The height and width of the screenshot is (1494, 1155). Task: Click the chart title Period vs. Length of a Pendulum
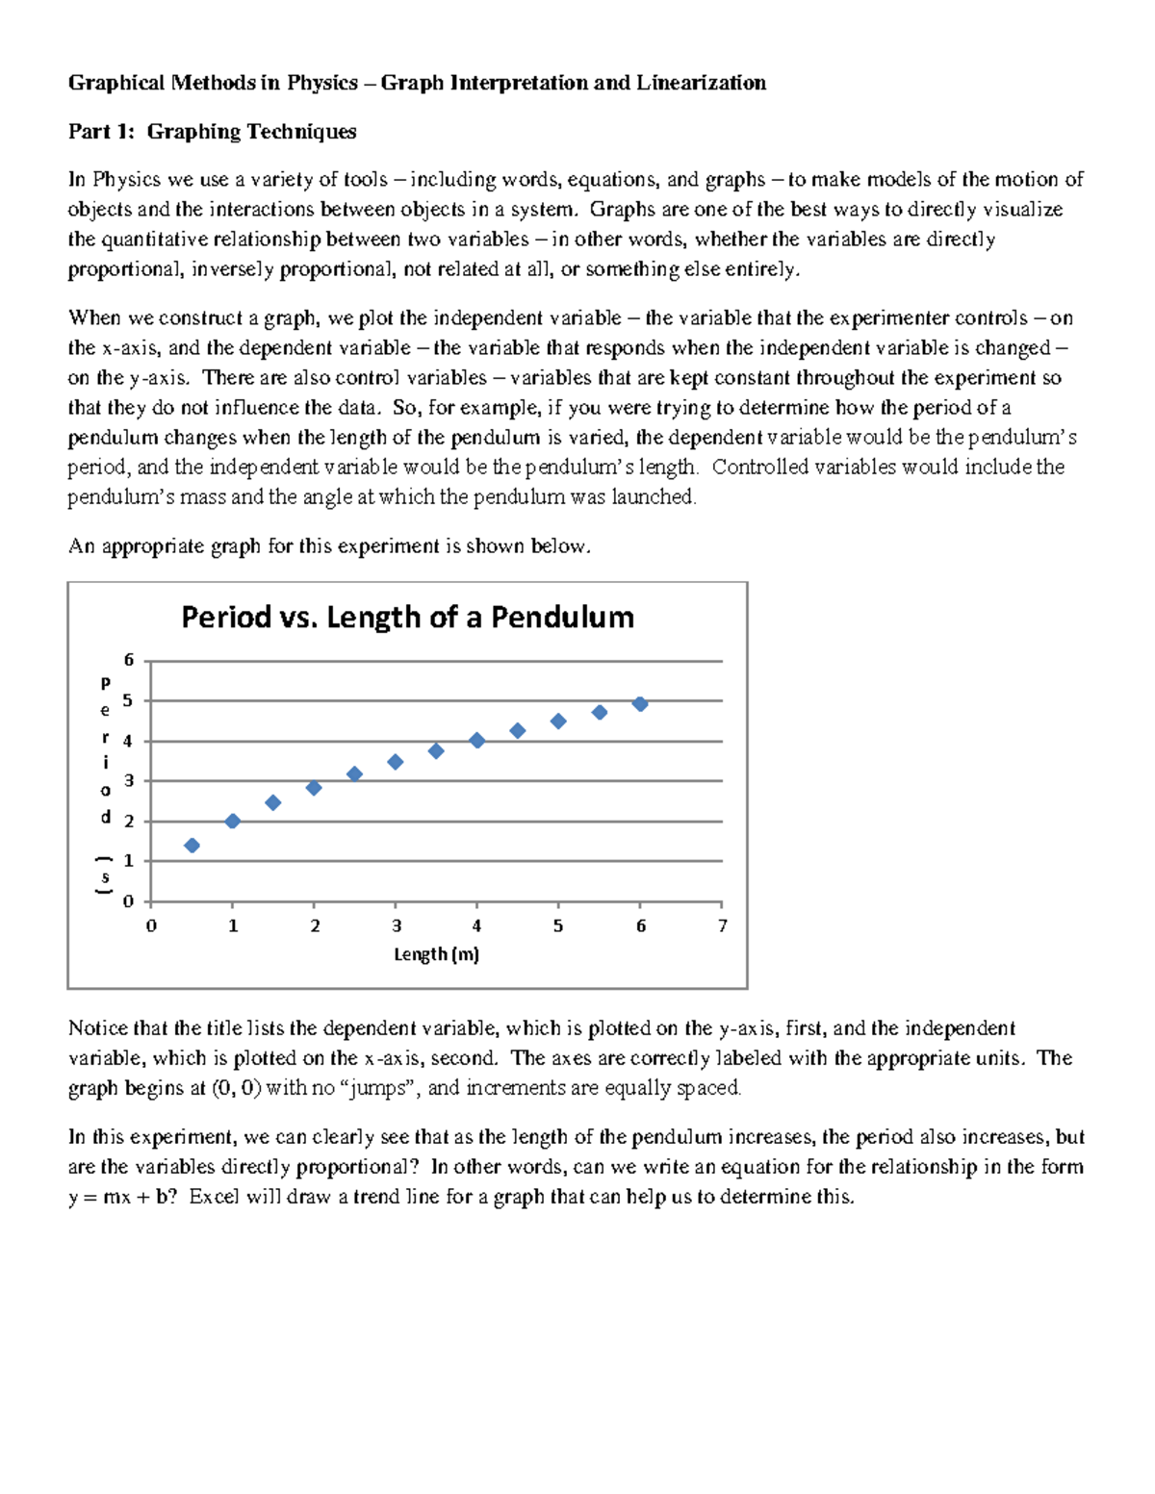point(407,617)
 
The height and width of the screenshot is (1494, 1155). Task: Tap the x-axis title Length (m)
point(436,954)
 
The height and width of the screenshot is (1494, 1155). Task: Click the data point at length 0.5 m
point(192,846)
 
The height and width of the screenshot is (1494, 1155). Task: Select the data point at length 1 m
point(232,821)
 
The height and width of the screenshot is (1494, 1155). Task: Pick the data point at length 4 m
point(476,740)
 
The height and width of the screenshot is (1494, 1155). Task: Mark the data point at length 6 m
point(640,704)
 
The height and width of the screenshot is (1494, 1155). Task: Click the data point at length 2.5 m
point(354,774)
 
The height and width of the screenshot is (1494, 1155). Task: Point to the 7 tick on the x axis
point(722,925)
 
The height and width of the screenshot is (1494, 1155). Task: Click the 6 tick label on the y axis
point(129,660)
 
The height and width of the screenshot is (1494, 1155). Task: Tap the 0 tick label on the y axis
point(129,901)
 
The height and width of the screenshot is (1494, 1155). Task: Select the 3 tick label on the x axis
point(397,925)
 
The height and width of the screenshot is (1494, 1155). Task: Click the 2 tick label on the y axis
point(129,822)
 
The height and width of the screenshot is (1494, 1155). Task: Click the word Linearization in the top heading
point(701,83)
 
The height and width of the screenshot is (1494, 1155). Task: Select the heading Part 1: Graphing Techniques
point(212,132)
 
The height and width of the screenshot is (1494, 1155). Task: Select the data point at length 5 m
point(558,721)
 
